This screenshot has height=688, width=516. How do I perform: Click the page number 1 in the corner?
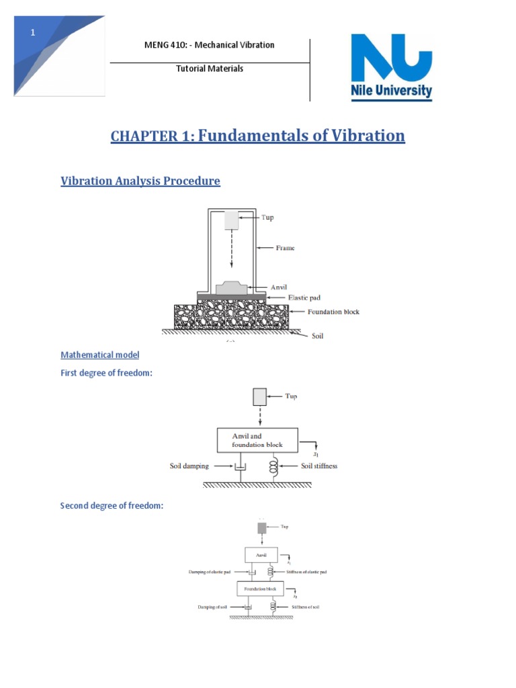tap(32, 33)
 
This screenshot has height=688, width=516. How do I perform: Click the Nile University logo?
tap(392, 67)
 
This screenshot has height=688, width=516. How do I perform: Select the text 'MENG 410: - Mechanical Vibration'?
tap(210, 45)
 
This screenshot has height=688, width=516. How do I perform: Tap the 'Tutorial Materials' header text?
tap(210, 69)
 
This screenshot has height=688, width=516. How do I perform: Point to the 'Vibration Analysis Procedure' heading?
tap(140, 181)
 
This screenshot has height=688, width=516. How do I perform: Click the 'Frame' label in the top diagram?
tap(284, 248)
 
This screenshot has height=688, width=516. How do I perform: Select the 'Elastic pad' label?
tap(306, 297)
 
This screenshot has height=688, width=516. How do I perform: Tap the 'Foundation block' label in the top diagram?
tap(334, 312)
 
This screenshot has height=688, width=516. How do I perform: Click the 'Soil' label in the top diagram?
tap(317, 335)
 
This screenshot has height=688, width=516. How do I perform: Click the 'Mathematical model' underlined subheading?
tap(100, 355)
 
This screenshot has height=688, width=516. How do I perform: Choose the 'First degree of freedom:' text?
tap(107, 373)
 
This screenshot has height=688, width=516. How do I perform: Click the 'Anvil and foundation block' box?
tap(257, 440)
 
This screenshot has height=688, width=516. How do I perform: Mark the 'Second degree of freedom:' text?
tap(112, 505)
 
